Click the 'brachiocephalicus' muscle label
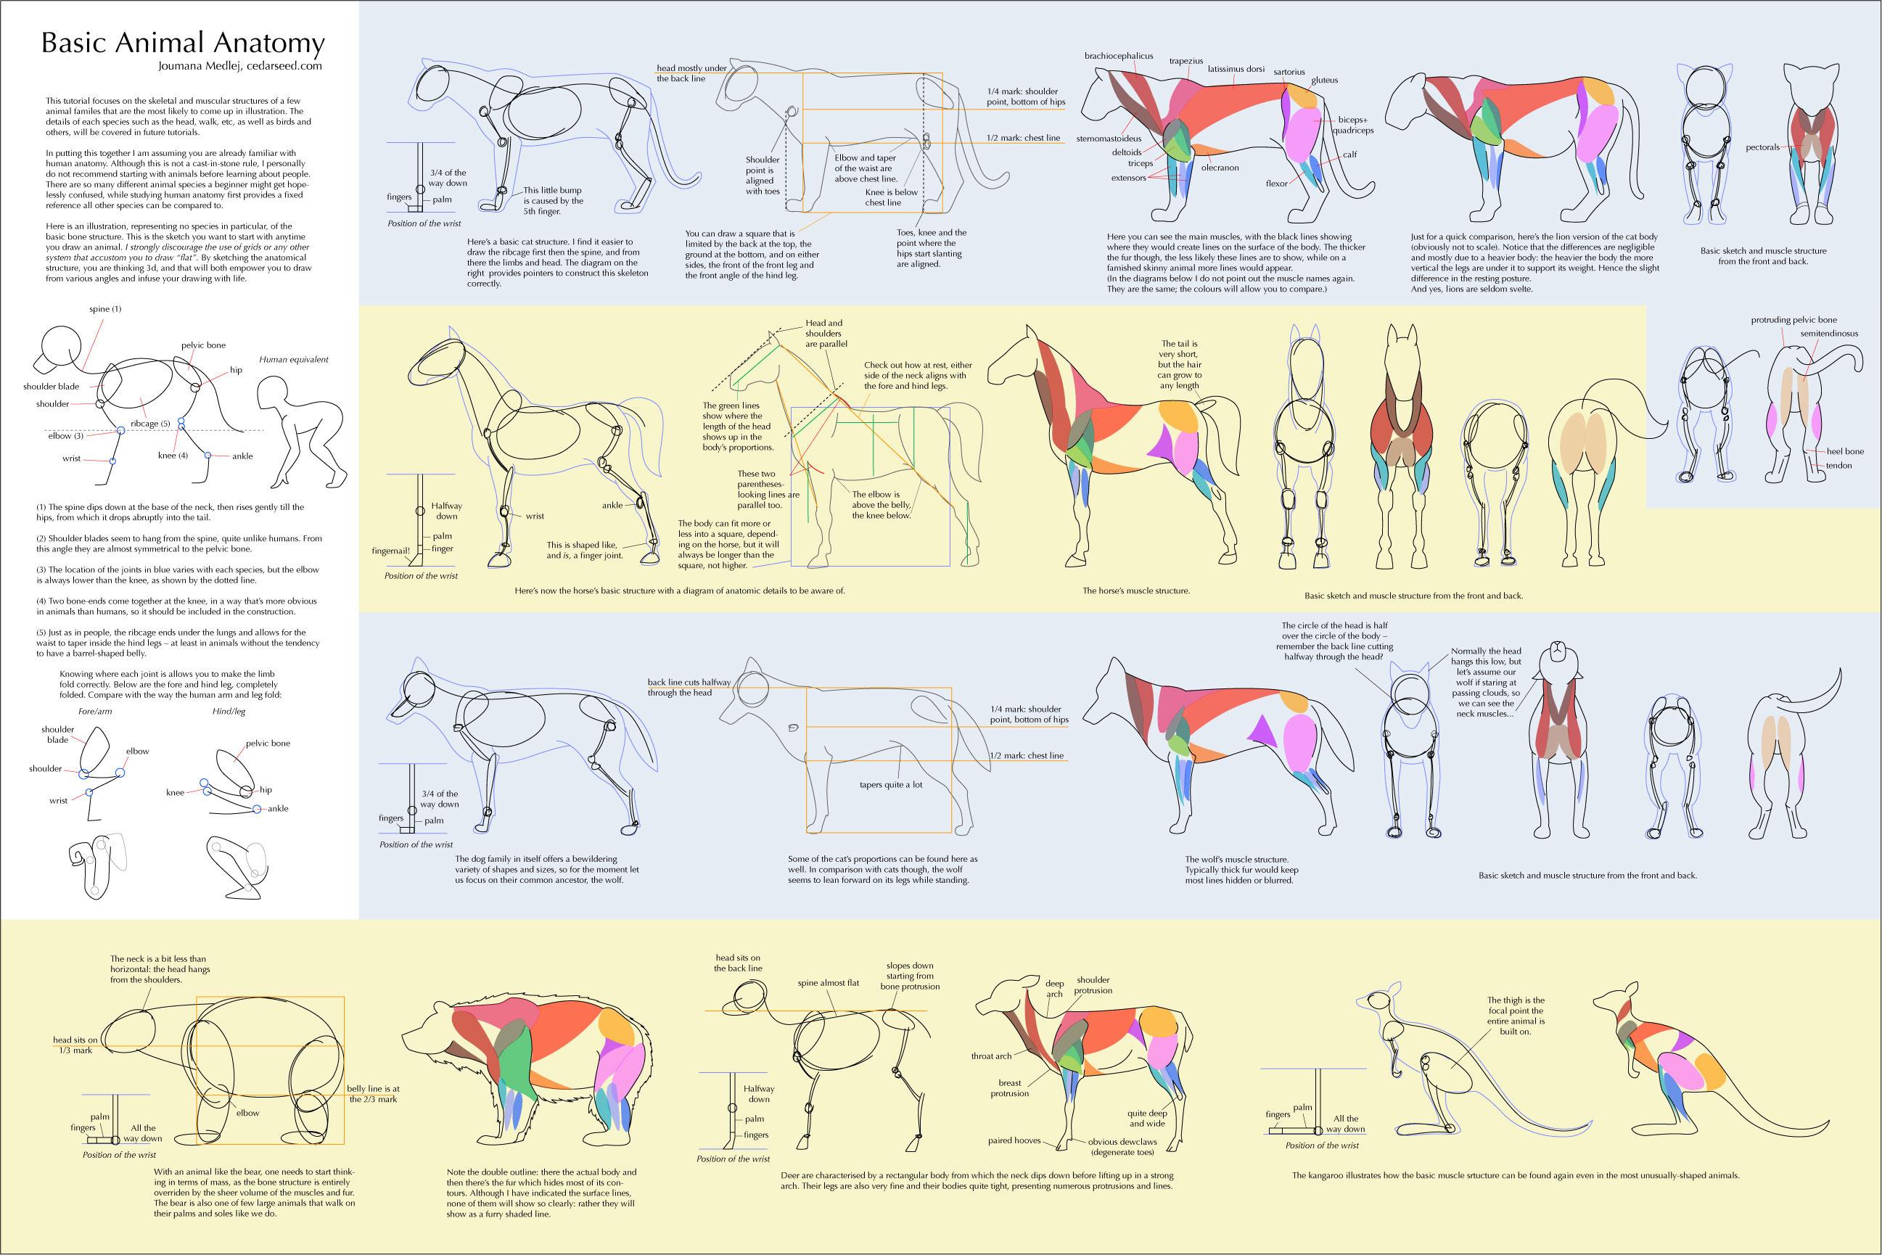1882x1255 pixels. [1118, 56]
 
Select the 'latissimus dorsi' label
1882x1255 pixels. [1236, 70]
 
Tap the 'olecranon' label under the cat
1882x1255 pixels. [1220, 168]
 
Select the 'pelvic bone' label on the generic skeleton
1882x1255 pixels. [203, 345]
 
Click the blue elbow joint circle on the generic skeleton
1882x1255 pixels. [120, 431]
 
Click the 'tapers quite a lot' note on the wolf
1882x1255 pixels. [891, 785]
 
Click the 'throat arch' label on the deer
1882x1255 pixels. [991, 1056]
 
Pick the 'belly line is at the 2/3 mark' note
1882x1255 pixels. [372, 1094]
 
